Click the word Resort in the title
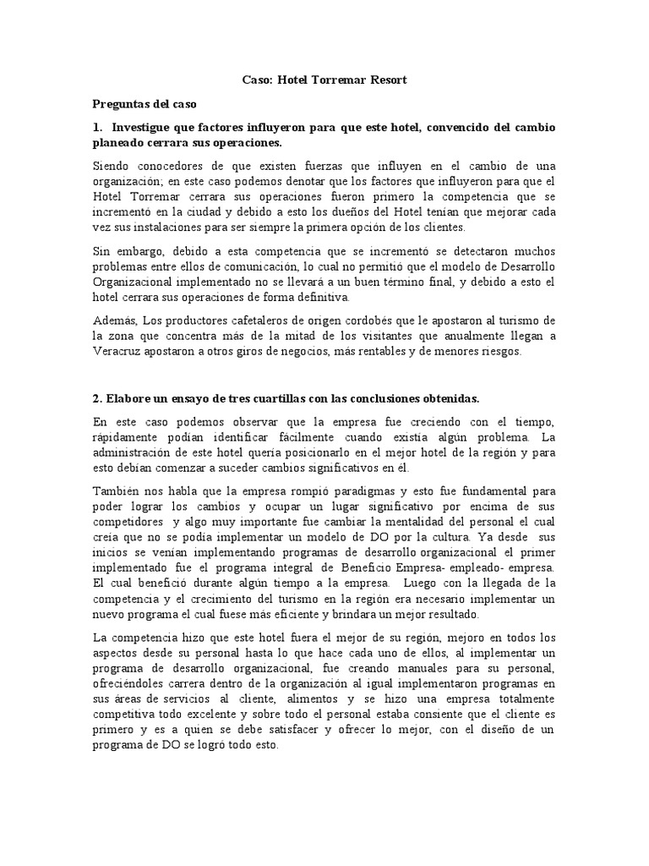385,80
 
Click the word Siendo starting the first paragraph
112,166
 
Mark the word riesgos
497,351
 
